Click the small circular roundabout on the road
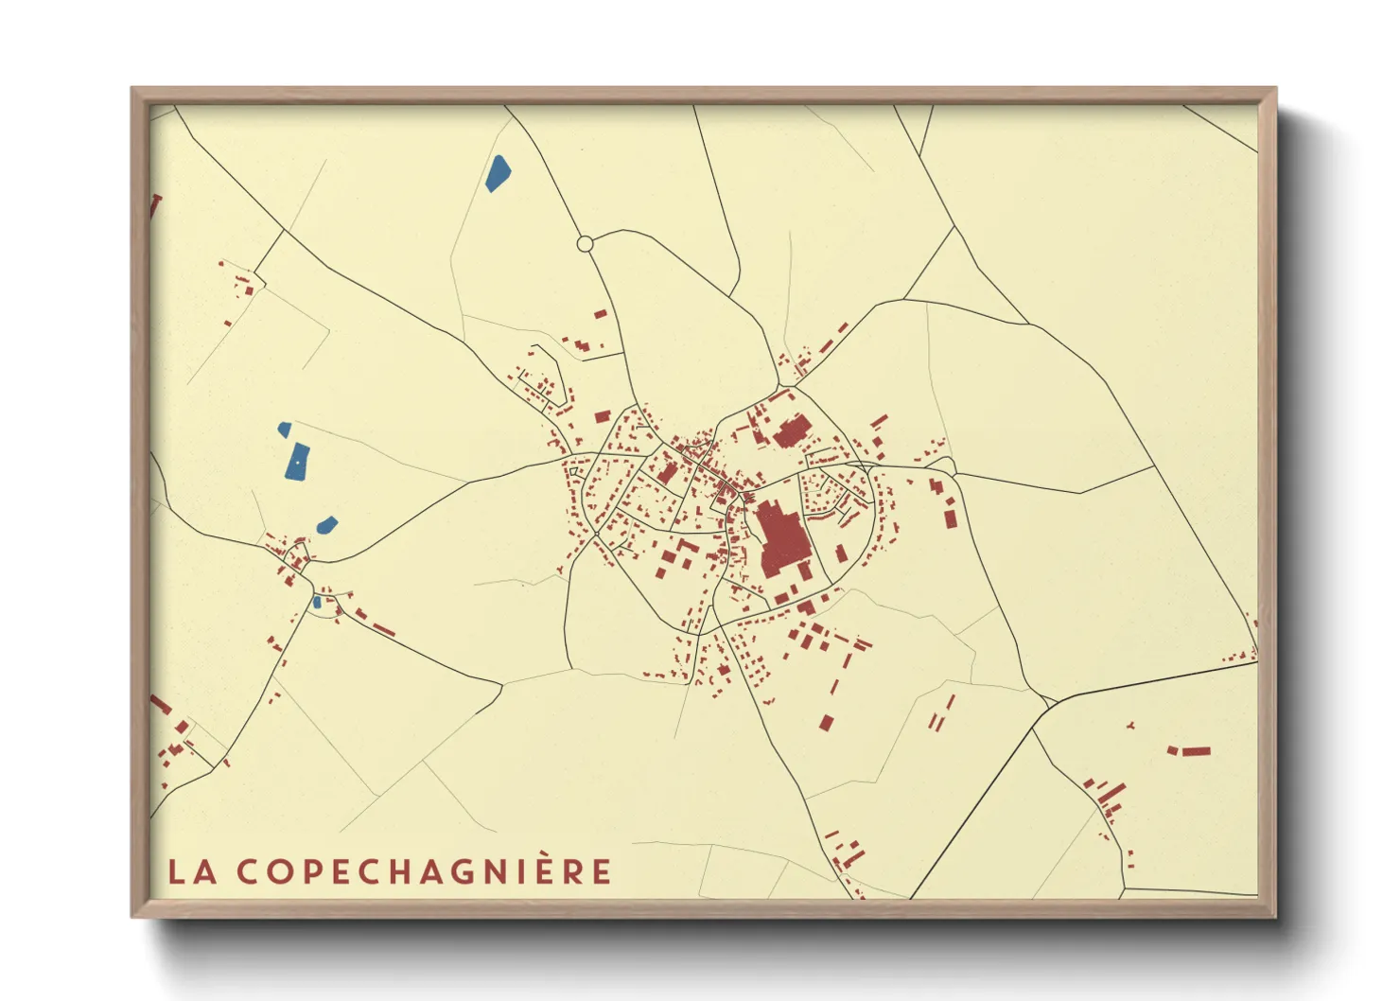click(585, 244)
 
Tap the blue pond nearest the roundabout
click(498, 173)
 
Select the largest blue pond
click(297, 461)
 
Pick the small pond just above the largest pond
click(284, 430)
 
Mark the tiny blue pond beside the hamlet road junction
click(317, 602)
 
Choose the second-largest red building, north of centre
click(789, 432)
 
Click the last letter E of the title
click(603, 871)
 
